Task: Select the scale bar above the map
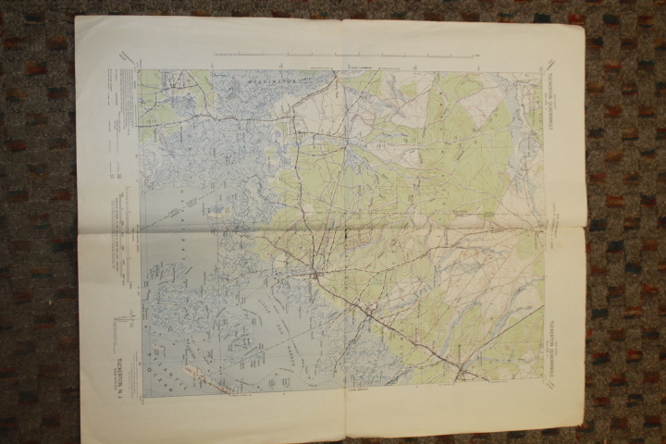click(342, 58)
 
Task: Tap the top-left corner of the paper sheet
click(77, 17)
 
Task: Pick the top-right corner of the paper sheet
click(582, 22)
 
